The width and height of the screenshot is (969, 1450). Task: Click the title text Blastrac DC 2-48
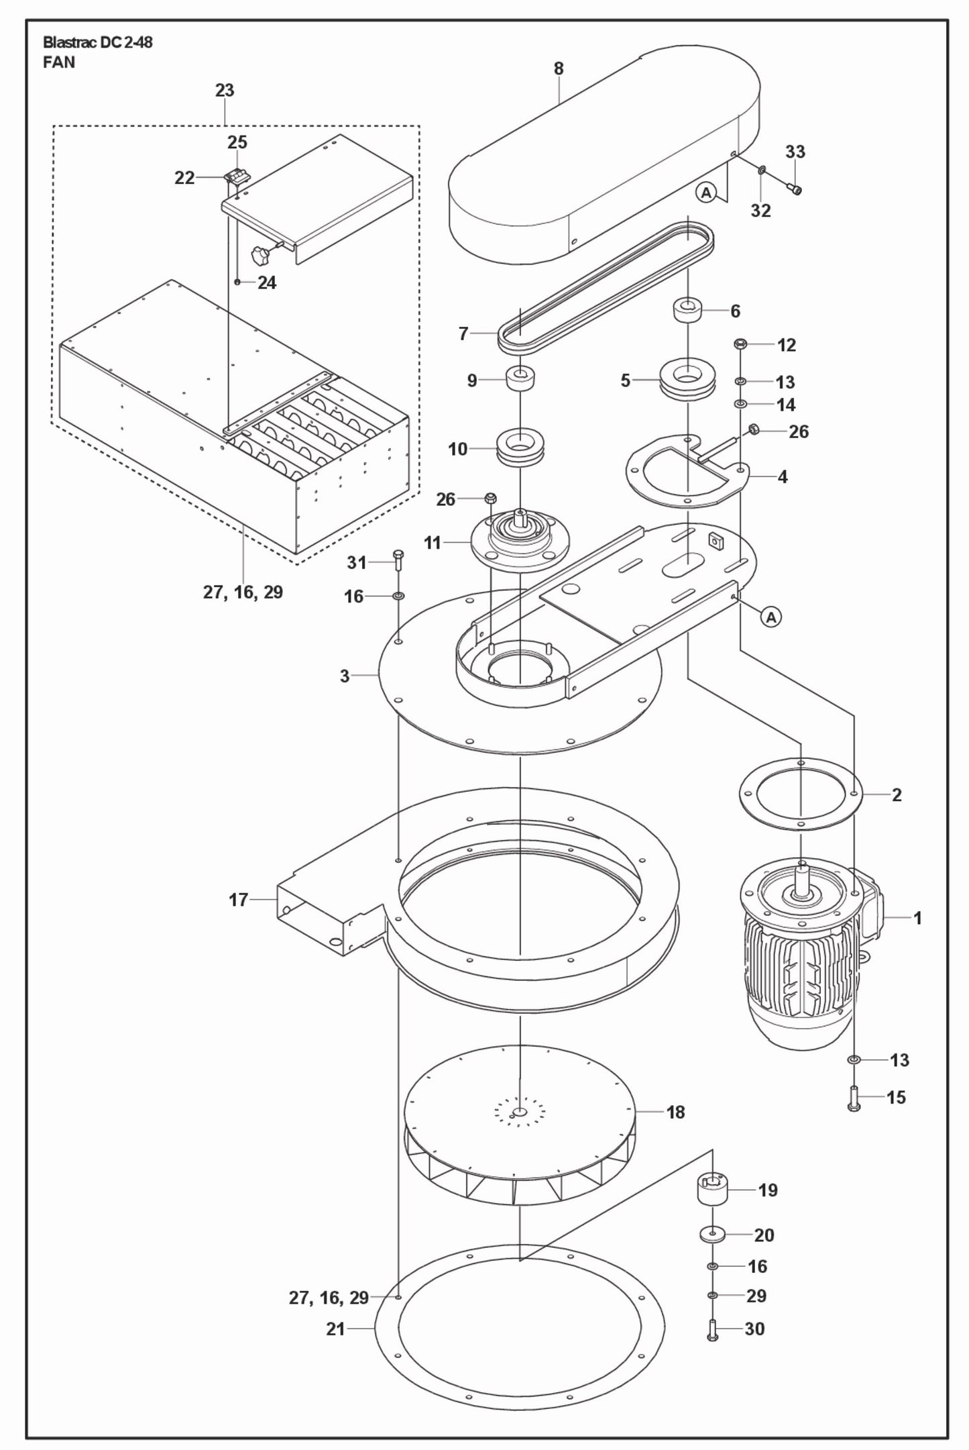click(x=97, y=43)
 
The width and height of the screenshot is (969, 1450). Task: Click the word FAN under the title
click(x=59, y=63)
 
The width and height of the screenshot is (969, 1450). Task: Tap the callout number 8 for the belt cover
click(x=559, y=68)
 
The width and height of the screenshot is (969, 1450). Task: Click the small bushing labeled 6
click(x=688, y=312)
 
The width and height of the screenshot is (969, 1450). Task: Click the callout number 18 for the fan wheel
click(x=675, y=1112)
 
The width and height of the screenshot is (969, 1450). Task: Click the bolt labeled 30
click(x=713, y=1329)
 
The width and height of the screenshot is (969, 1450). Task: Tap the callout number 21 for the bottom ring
click(x=335, y=1329)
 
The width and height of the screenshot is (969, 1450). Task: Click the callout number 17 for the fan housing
click(x=238, y=900)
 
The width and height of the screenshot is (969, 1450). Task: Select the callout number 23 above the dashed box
click(x=225, y=91)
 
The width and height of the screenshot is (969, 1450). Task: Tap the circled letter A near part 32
click(x=705, y=193)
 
